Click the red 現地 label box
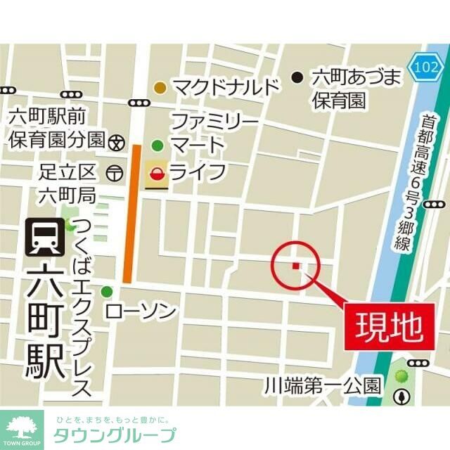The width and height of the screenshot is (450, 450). (387, 326)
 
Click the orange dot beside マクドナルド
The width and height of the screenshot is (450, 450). (160, 88)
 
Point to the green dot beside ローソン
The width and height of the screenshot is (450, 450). (107, 292)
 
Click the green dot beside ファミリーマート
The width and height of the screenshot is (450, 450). (157, 146)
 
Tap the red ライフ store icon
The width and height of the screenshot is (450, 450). (157, 172)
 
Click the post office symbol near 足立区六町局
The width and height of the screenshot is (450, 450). (112, 172)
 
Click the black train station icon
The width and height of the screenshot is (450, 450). (41, 237)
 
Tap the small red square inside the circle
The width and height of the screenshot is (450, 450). (296, 266)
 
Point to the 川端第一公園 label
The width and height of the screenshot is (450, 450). (323, 385)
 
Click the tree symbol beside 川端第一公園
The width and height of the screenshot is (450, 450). (402, 396)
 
